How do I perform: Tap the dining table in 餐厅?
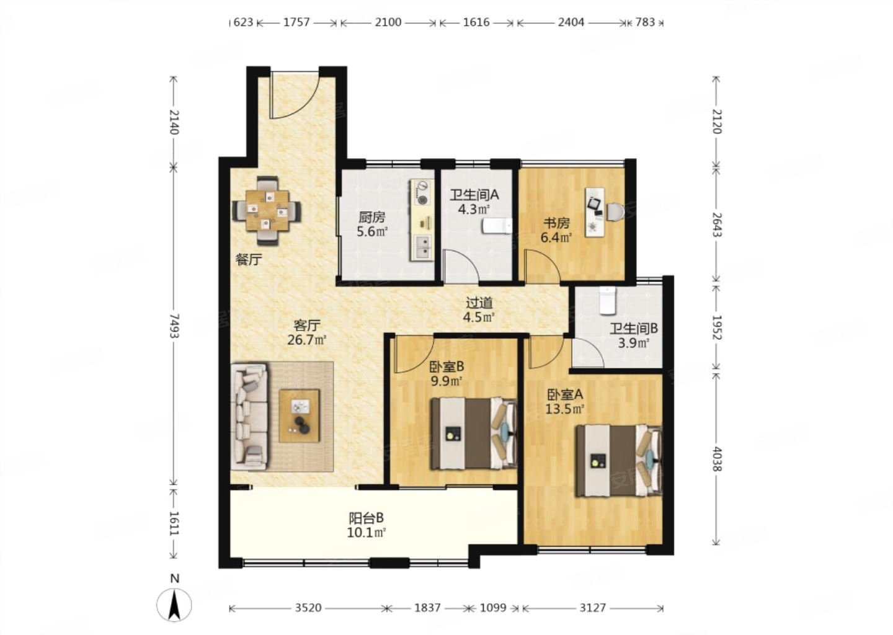267,210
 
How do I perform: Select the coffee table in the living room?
299,415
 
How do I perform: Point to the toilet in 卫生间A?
497,226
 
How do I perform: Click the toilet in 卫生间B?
608,300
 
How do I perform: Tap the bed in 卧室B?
474,433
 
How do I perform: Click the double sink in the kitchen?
422,247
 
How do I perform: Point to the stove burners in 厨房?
422,192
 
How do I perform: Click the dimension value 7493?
174,326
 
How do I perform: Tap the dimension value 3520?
308,608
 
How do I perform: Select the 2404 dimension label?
571,22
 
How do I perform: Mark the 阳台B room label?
367,518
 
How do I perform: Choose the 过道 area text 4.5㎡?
479,317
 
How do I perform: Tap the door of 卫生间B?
588,353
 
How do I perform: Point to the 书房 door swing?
543,266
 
